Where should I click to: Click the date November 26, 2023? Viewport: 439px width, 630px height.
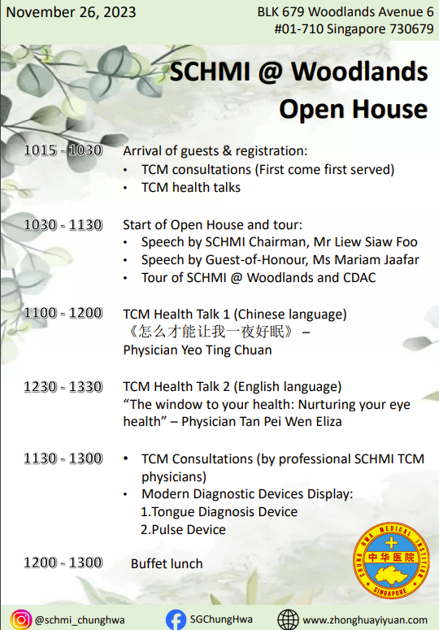[x=71, y=12]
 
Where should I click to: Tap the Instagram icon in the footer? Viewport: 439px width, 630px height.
[x=21, y=619]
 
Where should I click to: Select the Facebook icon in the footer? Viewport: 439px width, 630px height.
[x=176, y=619]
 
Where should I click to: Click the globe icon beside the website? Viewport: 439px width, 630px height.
[x=289, y=619]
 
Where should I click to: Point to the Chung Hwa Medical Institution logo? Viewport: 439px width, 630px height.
[x=391, y=560]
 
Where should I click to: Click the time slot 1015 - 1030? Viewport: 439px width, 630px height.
[x=63, y=150]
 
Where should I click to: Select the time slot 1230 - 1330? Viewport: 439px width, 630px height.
[x=63, y=386]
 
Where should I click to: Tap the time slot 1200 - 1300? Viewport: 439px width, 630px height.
[x=63, y=563]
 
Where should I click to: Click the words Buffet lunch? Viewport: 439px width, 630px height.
[x=167, y=563]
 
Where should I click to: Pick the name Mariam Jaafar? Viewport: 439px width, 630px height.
[x=376, y=260]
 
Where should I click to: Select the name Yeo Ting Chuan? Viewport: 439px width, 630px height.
[x=227, y=350]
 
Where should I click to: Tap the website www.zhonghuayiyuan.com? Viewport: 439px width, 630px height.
[x=365, y=620]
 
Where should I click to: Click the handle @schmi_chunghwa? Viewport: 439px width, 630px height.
[x=80, y=620]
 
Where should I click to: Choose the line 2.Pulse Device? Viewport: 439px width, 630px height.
[x=183, y=529]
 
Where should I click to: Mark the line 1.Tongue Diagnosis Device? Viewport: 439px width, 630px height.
[x=219, y=512]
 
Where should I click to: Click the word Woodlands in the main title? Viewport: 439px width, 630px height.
[x=360, y=72]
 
